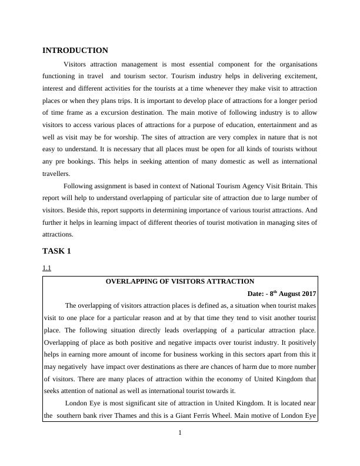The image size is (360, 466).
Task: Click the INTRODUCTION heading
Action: coord(75,51)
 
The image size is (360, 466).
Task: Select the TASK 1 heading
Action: coord(56,251)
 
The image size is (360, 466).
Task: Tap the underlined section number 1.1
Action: coord(47,268)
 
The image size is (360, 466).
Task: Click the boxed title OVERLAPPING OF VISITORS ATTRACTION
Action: coord(179,282)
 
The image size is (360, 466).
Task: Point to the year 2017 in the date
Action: coord(308,294)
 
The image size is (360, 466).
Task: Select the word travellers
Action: coord(58,174)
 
